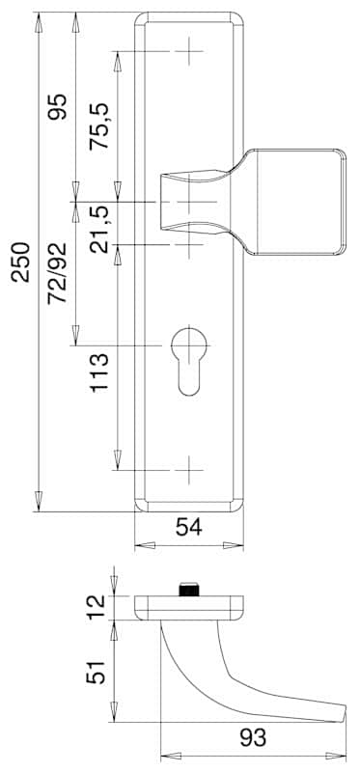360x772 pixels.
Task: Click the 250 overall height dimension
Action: (21, 262)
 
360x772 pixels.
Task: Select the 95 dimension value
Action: (57, 107)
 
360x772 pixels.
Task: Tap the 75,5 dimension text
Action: (99, 126)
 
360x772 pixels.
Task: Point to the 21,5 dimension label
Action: (100, 230)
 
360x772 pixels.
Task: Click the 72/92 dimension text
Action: (57, 273)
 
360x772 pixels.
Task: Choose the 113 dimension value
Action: (99, 372)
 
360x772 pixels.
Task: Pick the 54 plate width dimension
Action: (189, 528)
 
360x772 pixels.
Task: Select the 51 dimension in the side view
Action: (96, 672)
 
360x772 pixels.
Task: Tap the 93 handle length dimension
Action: (253, 738)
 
